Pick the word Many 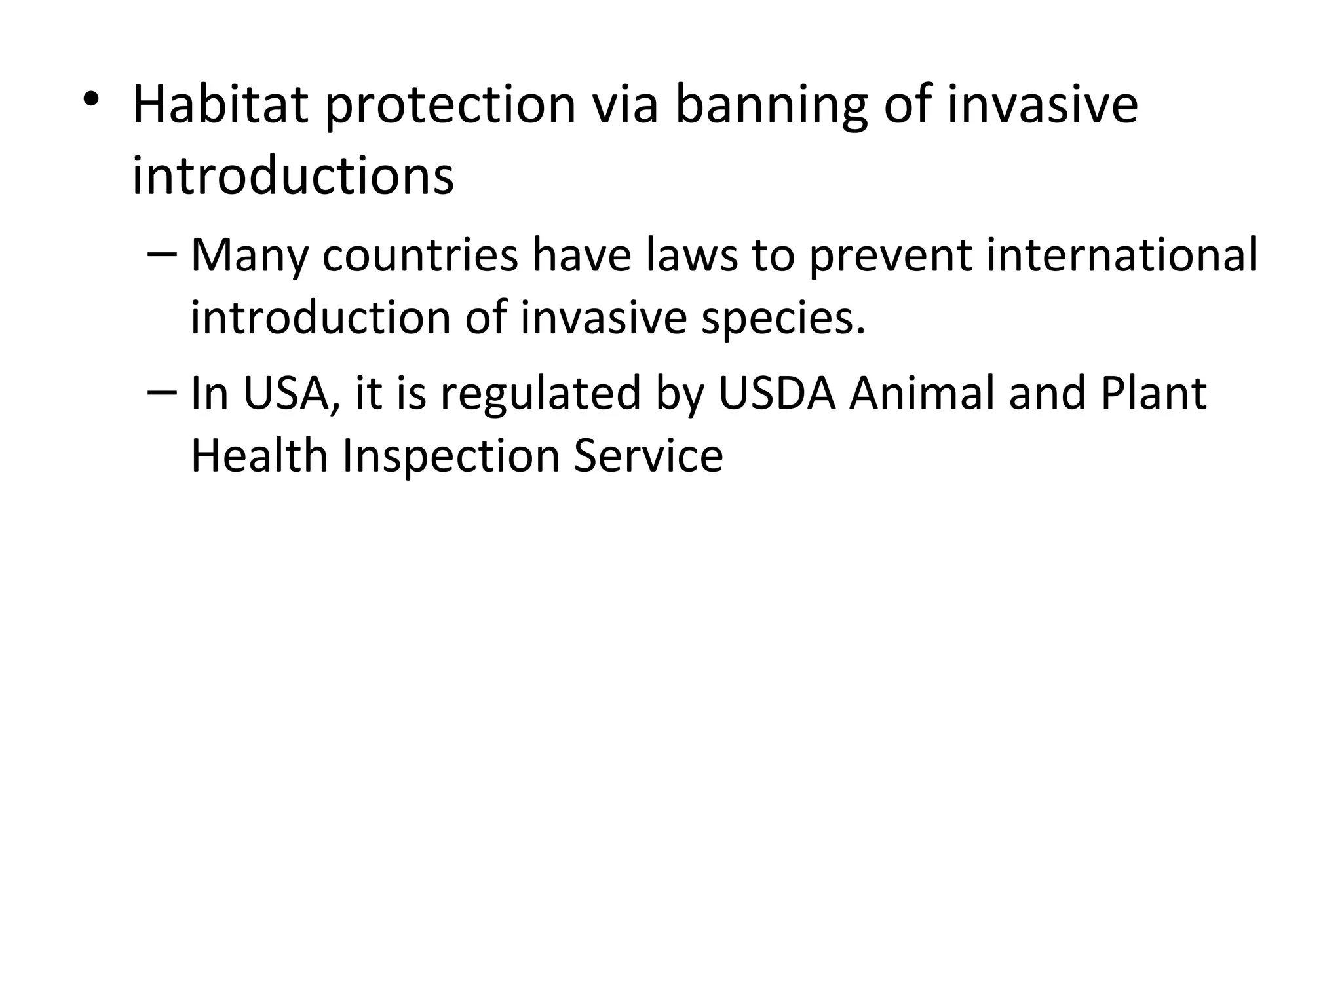(249, 256)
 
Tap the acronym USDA (777, 394)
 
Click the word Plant (1153, 394)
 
